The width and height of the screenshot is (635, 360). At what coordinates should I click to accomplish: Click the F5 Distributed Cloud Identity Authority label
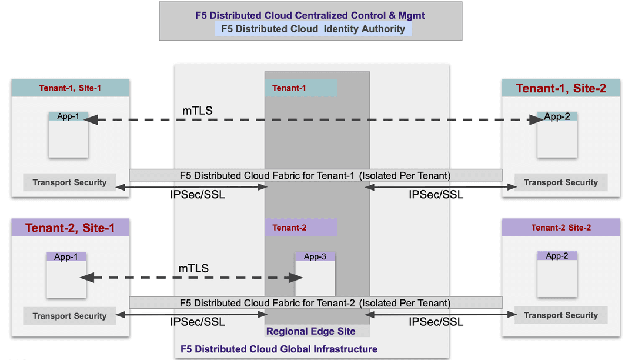point(313,29)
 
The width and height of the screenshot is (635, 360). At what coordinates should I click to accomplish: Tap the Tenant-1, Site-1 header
point(70,88)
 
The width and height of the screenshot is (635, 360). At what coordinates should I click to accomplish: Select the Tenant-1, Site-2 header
point(560,89)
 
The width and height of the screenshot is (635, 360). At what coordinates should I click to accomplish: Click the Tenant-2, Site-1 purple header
point(70,228)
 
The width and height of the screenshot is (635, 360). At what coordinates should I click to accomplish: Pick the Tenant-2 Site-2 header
point(561,228)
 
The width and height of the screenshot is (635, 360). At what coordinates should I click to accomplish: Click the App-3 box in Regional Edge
point(315,274)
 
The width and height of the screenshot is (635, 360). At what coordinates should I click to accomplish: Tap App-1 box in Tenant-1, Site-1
point(68,135)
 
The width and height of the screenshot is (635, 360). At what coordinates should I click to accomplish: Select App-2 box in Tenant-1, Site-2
point(557,135)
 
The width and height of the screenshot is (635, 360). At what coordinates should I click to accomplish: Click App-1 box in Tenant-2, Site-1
point(66,275)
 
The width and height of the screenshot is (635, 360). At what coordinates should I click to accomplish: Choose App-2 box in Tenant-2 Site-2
point(557,274)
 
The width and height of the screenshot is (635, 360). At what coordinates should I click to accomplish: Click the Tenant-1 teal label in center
point(300,88)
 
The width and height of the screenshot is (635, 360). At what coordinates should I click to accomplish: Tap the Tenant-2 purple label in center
point(300,228)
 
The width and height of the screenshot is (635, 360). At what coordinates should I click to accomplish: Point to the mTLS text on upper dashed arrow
point(198,111)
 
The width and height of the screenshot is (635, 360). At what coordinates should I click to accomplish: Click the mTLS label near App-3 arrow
point(193,268)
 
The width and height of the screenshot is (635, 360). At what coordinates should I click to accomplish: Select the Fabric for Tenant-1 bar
point(315,175)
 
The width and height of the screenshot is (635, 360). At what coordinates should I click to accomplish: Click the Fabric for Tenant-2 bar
point(315,303)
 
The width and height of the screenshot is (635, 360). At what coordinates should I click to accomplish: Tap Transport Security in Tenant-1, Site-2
point(561,182)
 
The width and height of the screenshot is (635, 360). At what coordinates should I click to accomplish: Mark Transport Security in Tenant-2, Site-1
point(69,316)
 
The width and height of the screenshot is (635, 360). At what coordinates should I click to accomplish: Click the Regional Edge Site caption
point(310,332)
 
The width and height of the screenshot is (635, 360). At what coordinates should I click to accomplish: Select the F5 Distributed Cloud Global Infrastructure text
point(279,349)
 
